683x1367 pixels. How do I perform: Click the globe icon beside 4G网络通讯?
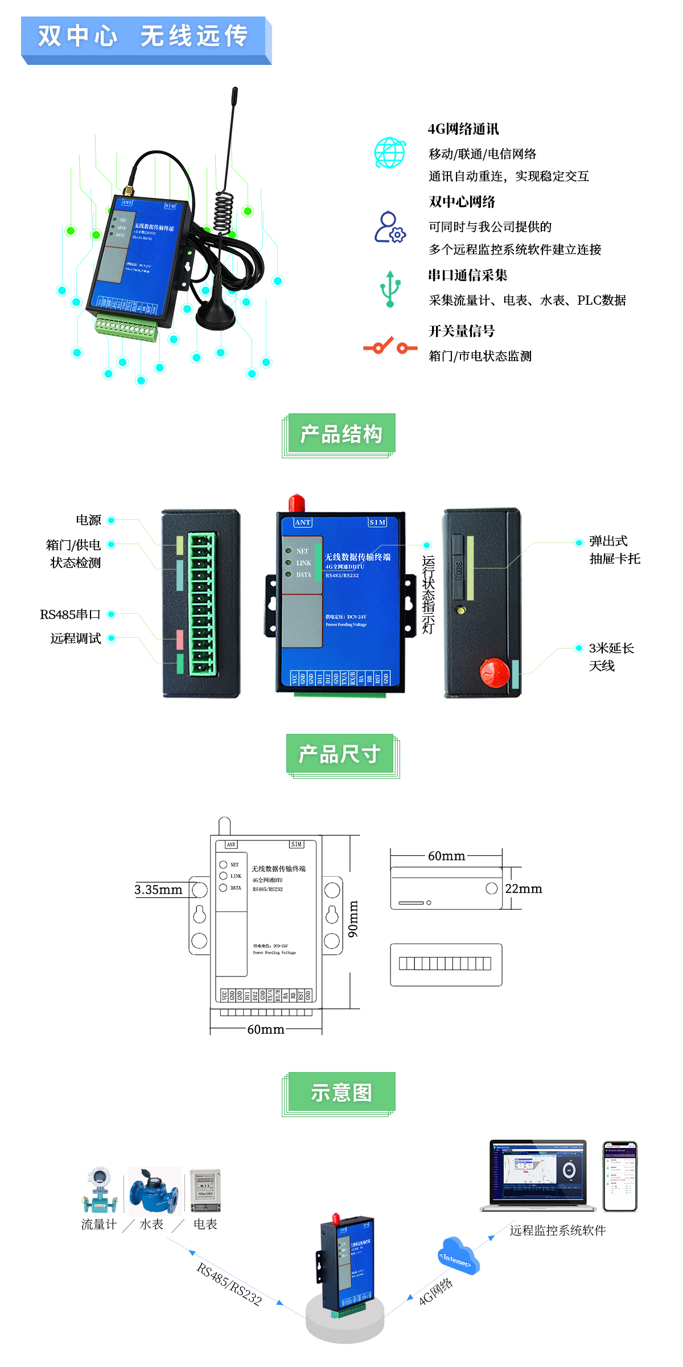390,153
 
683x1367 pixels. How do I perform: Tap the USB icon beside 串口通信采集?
390,289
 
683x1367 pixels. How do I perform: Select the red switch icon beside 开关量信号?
390,346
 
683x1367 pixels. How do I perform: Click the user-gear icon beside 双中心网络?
390,227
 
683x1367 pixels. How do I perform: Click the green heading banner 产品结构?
341,434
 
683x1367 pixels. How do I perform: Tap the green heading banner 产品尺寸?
340,754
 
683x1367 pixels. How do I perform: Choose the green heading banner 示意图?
341,1093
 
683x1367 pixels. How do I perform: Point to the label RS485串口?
70,614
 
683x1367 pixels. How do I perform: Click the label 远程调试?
76,638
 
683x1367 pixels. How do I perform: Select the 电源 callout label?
88,520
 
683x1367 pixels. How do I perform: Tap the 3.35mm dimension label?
158,889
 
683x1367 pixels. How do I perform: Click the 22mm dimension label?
523,889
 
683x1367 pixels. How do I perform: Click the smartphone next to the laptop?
620,1176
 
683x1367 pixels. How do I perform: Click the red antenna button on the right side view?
494,672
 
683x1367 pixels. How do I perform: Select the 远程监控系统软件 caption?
557,1230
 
